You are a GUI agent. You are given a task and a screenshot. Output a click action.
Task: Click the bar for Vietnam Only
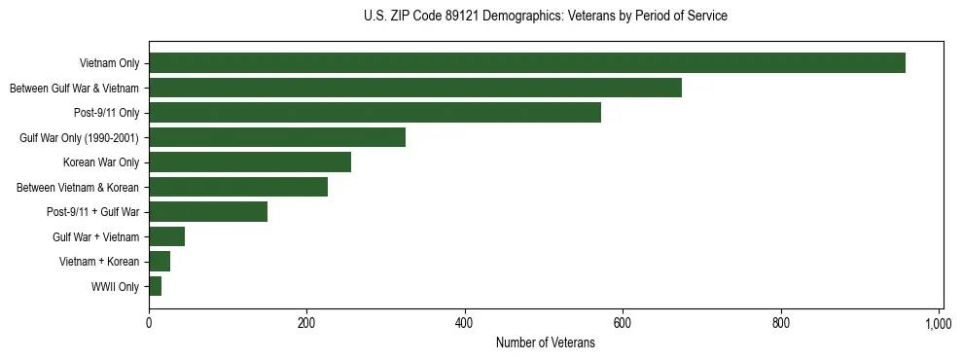coord(526,63)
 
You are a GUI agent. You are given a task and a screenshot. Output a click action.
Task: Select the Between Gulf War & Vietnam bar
coord(414,89)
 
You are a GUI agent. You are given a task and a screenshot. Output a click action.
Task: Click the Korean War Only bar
coord(250,162)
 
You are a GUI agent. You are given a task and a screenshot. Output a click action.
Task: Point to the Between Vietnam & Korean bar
coord(238,187)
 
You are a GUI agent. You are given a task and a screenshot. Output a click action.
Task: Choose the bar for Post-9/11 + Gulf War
coord(208,212)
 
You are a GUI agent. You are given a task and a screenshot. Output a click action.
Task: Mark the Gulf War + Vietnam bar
coord(166,236)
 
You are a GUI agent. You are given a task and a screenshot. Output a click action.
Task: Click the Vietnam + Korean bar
coord(160,262)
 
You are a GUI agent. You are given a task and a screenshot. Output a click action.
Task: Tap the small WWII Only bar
coord(155,286)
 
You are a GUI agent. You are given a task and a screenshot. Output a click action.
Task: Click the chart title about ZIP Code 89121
coord(545,16)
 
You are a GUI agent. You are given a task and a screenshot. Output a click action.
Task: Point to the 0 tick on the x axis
coord(149,322)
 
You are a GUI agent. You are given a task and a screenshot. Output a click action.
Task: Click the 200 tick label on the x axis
coord(306,322)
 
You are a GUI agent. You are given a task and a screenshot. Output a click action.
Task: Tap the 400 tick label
coord(465,322)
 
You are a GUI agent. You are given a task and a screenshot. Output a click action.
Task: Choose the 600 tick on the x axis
coord(623,322)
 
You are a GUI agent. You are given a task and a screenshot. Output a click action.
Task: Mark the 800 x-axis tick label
coord(781,322)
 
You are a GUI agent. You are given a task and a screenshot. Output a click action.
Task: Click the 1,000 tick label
coord(938,322)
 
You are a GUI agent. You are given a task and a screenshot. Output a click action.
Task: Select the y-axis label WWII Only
coord(115,287)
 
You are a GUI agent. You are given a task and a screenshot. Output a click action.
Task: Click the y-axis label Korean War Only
coord(101,162)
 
